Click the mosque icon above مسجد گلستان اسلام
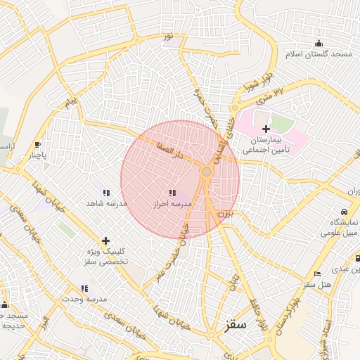pyautogui.click(x=319, y=43)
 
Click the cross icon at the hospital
pyautogui.click(x=266, y=129)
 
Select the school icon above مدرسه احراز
pyautogui.click(x=172, y=192)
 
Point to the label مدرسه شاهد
pyautogui.click(x=106, y=203)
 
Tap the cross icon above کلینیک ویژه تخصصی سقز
pyautogui.click(x=105, y=240)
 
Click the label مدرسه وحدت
pyautogui.click(x=86, y=299)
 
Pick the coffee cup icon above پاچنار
pyautogui.click(x=37, y=144)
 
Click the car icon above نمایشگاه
pyautogui.click(x=343, y=212)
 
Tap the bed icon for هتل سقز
pyautogui.click(x=318, y=274)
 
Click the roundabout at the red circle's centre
pyautogui.click(x=207, y=172)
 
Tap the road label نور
pyautogui.click(x=168, y=36)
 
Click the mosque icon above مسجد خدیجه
pyautogui.click(x=5, y=305)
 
